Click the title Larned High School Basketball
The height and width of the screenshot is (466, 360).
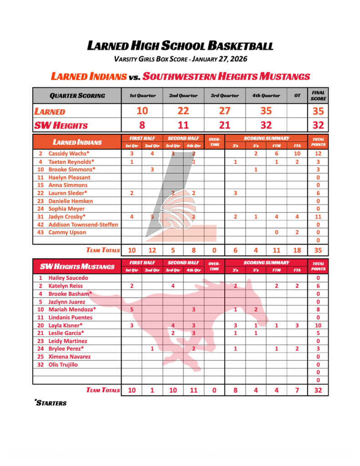[180, 46]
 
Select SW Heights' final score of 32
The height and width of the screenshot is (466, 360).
[318, 125]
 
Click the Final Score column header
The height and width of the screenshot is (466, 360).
[318, 96]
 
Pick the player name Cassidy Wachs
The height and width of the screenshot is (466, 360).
[69, 154]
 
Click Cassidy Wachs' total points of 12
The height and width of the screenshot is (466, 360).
[318, 154]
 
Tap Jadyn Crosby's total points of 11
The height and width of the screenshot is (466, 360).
[318, 217]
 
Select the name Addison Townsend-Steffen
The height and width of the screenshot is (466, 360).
[83, 224]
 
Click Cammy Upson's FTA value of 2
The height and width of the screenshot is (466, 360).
[297, 232]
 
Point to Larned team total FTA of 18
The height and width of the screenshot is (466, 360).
[297, 250]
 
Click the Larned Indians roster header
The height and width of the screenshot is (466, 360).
[77, 142]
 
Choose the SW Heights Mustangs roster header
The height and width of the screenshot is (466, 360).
[77, 266]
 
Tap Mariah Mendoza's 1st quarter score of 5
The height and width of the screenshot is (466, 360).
[132, 309]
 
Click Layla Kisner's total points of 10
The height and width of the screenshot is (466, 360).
[318, 325]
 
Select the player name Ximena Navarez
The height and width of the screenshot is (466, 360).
[70, 357]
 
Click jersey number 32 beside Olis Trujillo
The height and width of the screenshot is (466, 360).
[41, 365]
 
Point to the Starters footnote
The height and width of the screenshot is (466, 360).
[51, 403]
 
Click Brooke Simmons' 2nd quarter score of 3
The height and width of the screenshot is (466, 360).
[152, 169]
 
